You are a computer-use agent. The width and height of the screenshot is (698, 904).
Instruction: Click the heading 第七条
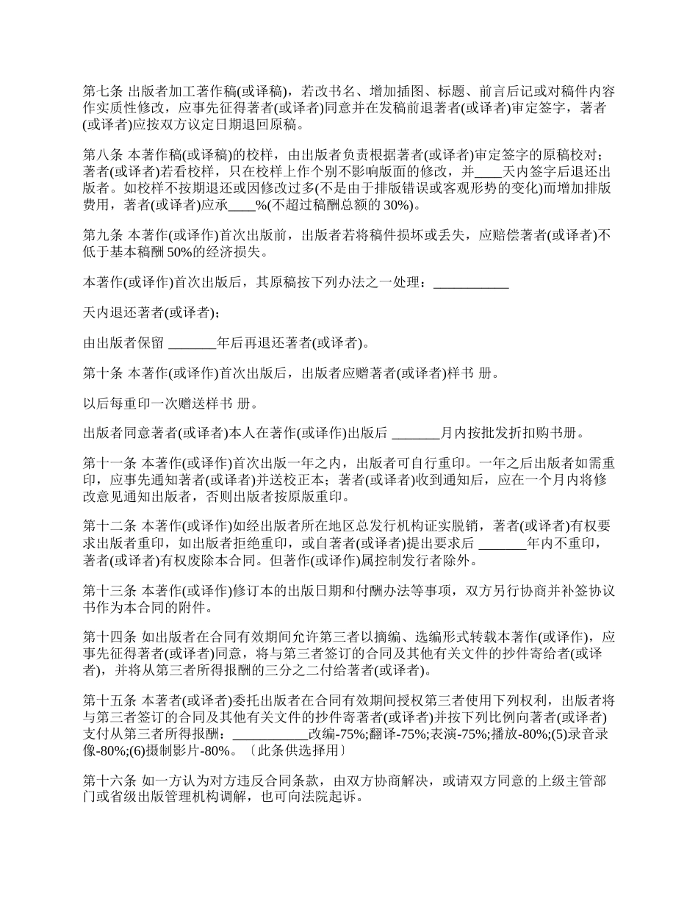pos(104,92)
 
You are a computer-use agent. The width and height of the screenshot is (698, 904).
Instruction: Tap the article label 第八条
pos(104,156)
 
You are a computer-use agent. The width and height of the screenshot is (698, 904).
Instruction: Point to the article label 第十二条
pos(109,527)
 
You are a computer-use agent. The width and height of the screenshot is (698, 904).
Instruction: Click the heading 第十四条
pos(109,637)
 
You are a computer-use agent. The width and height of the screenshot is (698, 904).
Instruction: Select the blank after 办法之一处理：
pos(471,282)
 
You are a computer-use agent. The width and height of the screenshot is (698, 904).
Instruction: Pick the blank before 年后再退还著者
pos(193,342)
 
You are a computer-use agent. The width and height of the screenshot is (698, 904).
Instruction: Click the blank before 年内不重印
pos(503,544)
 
